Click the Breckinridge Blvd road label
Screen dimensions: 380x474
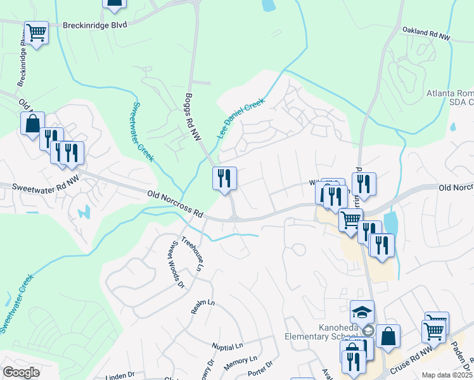[x=95, y=25]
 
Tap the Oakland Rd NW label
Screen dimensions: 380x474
[x=426, y=34]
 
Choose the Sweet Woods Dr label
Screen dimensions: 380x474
[x=177, y=265]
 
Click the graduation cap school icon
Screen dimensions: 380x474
[x=362, y=312]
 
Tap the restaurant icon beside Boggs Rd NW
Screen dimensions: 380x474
[x=224, y=178]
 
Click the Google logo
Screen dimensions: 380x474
[x=21, y=372]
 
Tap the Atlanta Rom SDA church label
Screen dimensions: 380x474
[x=449, y=98]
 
